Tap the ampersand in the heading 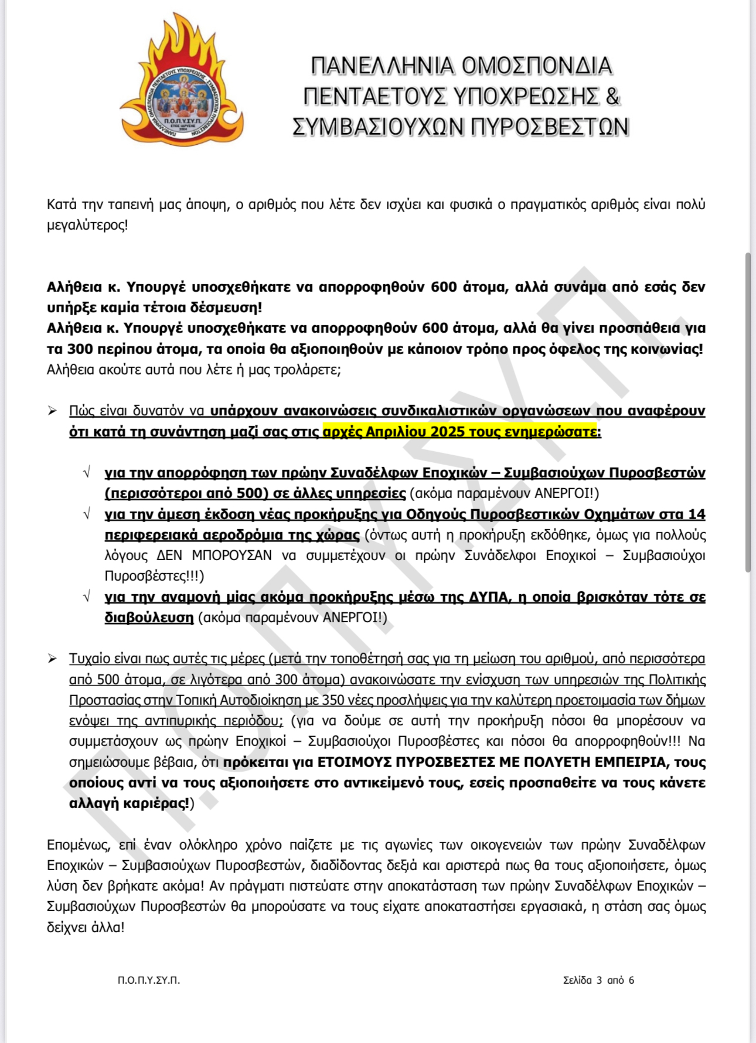click(x=612, y=96)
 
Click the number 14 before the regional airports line click(x=696, y=514)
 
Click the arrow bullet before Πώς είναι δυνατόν click(x=53, y=411)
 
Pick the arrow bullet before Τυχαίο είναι click(x=53, y=659)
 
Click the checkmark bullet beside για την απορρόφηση click(x=87, y=473)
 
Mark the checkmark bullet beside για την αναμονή click(x=87, y=597)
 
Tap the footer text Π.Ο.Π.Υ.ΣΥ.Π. click(x=149, y=980)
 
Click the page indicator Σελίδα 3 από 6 click(x=598, y=980)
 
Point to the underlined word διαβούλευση click(x=149, y=618)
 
